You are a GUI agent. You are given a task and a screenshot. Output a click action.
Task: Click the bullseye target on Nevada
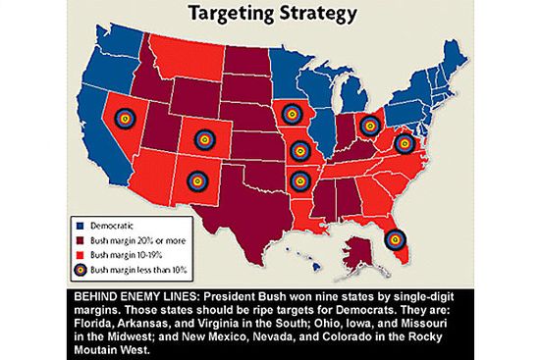coord(124,117)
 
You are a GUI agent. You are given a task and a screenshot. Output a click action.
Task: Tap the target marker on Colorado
coord(203,141)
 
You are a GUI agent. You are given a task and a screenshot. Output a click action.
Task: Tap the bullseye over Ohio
coord(369,125)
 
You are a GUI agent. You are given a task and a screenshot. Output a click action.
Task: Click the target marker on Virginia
coord(404,143)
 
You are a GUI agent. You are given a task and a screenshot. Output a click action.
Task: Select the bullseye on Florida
coord(394,237)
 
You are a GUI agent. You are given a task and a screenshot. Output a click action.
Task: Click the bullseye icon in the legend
coord(78,266)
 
